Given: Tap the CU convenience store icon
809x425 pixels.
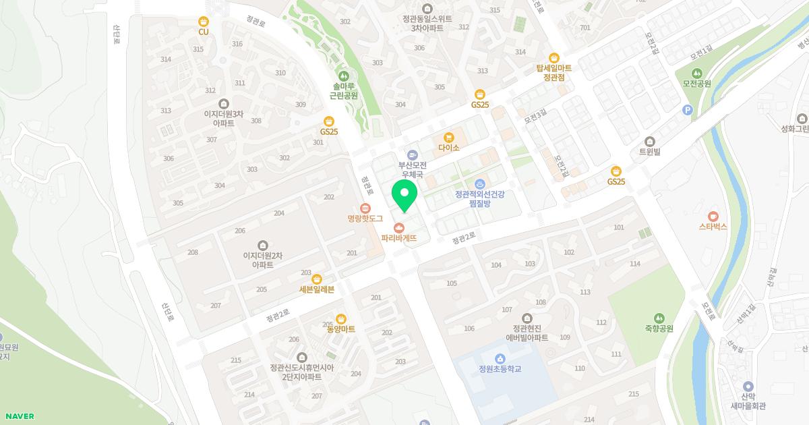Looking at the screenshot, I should (203, 22).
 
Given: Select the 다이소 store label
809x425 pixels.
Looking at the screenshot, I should (448, 147).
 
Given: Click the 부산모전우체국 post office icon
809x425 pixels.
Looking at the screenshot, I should (412, 154).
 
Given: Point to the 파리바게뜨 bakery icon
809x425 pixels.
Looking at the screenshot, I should (399, 227).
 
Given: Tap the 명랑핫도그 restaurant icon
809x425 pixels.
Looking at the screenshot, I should (365, 208).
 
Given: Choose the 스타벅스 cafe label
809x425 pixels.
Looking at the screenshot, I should (713, 227).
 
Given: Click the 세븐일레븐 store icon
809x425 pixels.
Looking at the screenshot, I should (317, 279).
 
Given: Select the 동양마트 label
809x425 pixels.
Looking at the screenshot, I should (340, 329).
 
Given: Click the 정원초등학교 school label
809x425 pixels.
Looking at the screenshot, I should (500, 369).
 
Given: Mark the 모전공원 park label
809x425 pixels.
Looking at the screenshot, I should (696, 84).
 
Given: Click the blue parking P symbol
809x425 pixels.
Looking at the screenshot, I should (688, 111).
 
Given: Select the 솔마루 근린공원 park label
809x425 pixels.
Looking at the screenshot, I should (344, 91).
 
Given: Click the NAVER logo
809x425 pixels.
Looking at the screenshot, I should (18, 416).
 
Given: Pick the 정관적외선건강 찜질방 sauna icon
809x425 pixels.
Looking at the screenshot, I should (479, 184).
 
